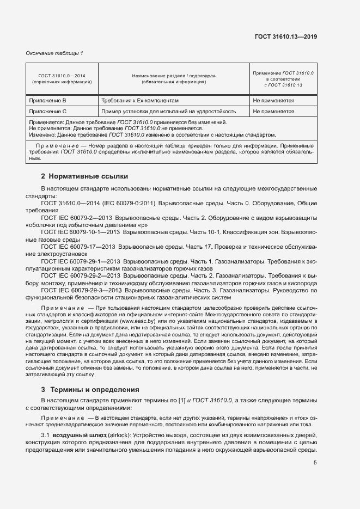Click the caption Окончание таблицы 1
click(x=54, y=53)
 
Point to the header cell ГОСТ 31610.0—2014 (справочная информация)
click(x=62, y=79)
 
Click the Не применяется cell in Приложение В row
click(x=273, y=101)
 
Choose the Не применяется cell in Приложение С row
click(x=273, y=112)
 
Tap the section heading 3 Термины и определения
click(x=90, y=390)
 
